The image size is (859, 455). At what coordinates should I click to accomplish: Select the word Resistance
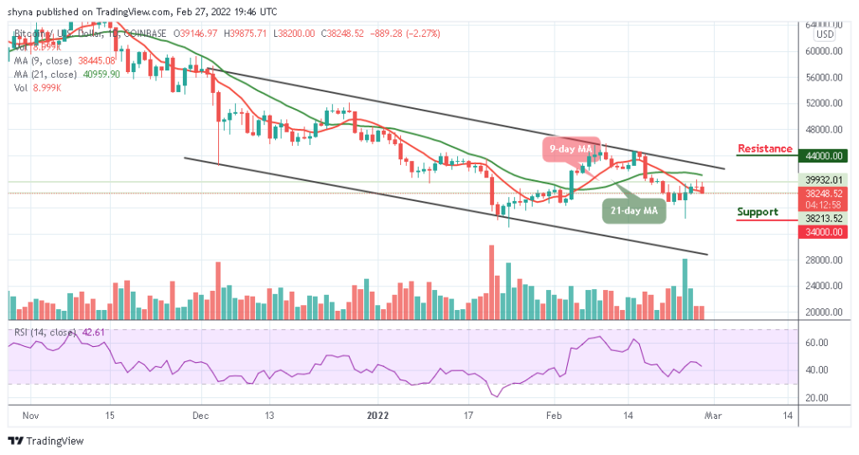(x=764, y=148)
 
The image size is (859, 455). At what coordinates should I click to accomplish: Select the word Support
(x=757, y=212)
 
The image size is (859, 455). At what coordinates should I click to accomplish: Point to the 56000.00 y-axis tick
(x=823, y=77)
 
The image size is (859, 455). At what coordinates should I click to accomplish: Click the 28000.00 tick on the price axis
(x=823, y=260)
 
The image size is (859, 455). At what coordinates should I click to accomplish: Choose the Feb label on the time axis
(x=553, y=415)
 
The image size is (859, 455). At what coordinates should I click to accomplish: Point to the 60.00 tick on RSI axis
(x=818, y=343)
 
